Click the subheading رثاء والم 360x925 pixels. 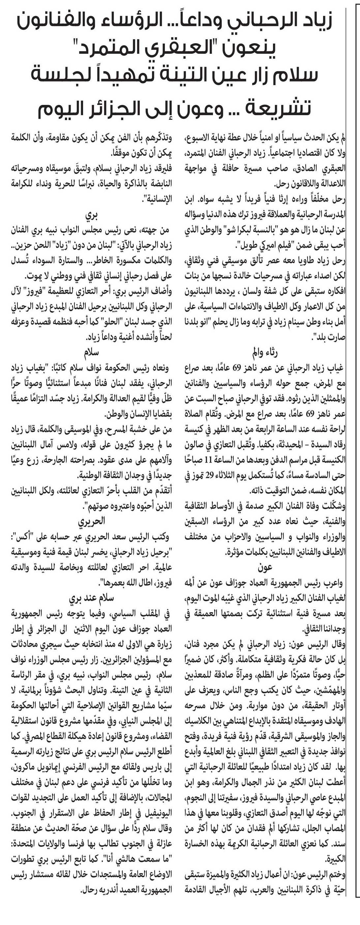click(x=265, y=352)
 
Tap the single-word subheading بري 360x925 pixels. click(x=92, y=215)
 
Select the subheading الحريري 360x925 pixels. click(x=92, y=521)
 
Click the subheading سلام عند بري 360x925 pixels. click(x=92, y=598)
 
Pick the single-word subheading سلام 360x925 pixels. click(x=92, y=352)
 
